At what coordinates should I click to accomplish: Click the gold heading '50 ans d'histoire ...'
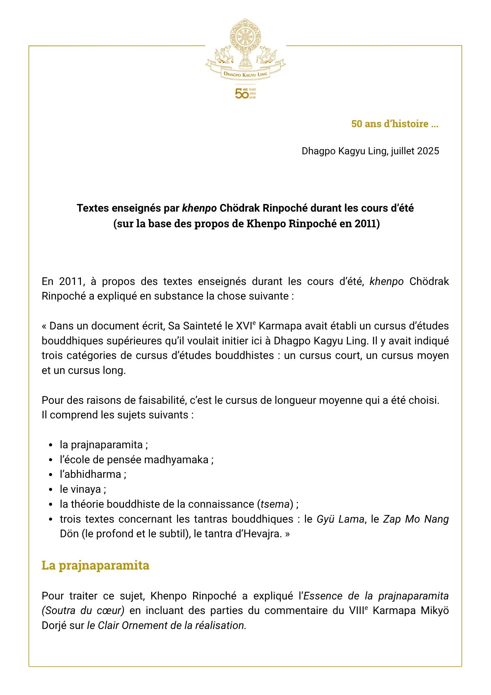pyautogui.click(x=394, y=124)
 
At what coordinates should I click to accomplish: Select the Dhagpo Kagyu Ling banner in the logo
pyautogui.click(x=245, y=74)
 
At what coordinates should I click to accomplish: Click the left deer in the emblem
pyautogui.click(x=223, y=55)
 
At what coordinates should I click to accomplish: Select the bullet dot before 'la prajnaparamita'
pyautogui.click(x=51, y=445)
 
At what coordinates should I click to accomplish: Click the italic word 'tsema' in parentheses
pyautogui.click(x=275, y=504)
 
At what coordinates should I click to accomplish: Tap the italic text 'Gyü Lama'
pyautogui.click(x=340, y=519)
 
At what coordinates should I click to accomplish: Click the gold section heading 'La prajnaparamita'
pyautogui.click(x=95, y=565)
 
